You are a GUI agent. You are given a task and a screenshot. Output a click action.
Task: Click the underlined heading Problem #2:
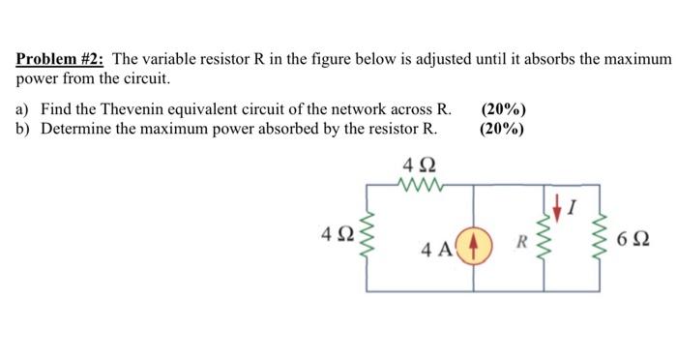point(61,60)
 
